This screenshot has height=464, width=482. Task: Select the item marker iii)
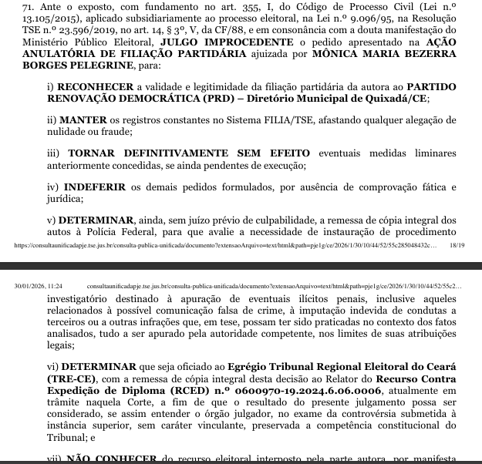pyautogui.click(x=55, y=154)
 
